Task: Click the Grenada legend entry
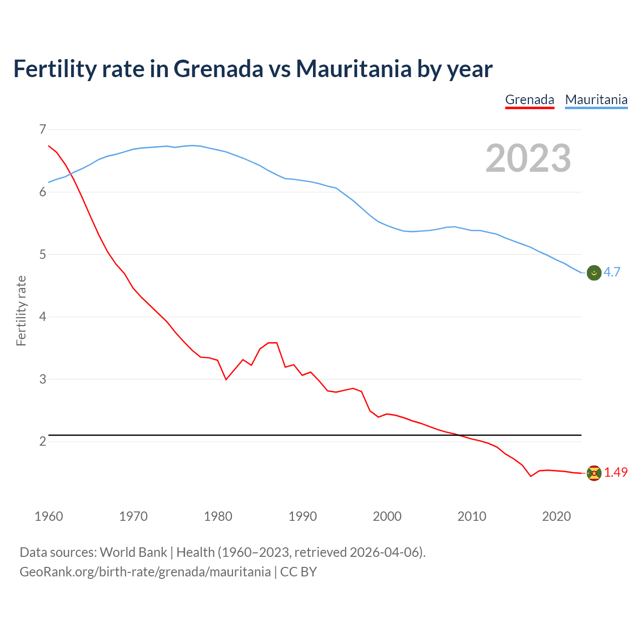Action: point(529,100)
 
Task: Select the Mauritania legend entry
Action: point(596,100)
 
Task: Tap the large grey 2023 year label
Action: point(528,158)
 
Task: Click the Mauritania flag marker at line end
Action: point(594,272)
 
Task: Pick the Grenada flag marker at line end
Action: point(594,473)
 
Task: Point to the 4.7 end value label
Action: point(612,272)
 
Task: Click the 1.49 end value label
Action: point(615,472)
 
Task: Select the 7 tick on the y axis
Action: point(43,130)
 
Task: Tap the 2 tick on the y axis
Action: point(43,441)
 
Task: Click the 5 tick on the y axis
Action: point(43,254)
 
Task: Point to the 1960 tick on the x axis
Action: point(49,516)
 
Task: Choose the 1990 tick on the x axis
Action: point(302,516)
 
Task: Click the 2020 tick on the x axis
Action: point(556,516)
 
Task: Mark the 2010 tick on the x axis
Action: point(472,516)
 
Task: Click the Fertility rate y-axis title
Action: point(21,310)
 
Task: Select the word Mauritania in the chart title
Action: point(354,69)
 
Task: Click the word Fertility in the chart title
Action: point(54,69)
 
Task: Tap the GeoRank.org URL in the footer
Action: point(145,572)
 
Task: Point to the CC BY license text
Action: point(298,572)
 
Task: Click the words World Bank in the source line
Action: point(133,552)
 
